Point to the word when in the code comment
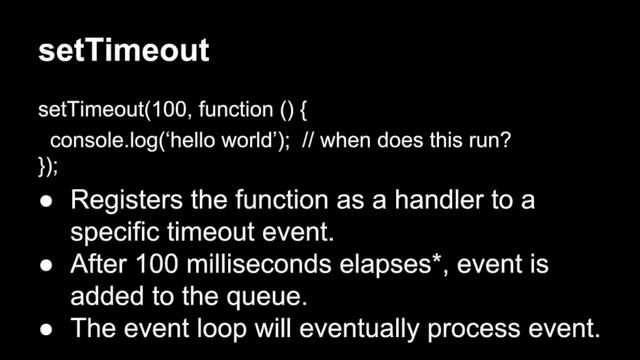[x=347, y=141]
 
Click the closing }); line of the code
[x=48, y=166]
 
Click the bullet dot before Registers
[x=47, y=201]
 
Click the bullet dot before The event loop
[x=47, y=329]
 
